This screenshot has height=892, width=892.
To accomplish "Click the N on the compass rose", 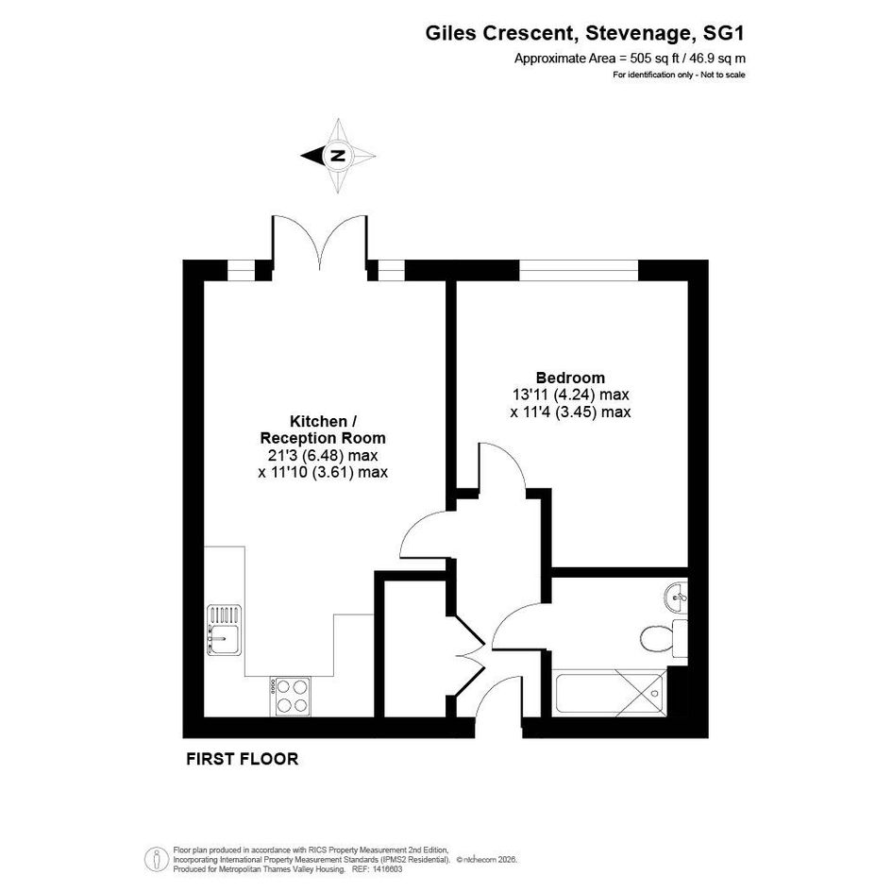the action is pyautogui.click(x=338, y=156).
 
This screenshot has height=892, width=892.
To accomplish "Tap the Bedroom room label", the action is pyautogui.click(x=570, y=378).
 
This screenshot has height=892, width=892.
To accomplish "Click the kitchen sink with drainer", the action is pyautogui.click(x=224, y=630).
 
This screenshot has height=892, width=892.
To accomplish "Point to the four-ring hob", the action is pyautogui.click(x=291, y=697).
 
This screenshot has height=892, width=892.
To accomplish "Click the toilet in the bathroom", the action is pyautogui.click(x=664, y=638).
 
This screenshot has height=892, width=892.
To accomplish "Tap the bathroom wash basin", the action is pyautogui.click(x=676, y=597).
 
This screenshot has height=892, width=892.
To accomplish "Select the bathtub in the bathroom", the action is pyautogui.click(x=609, y=692).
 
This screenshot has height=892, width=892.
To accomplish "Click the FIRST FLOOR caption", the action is pyautogui.click(x=243, y=759).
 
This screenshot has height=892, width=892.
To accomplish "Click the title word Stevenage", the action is pyautogui.click(x=639, y=34).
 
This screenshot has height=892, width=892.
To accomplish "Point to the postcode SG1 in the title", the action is pyautogui.click(x=724, y=33).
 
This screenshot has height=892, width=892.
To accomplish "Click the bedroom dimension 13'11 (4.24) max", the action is pyautogui.click(x=570, y=395).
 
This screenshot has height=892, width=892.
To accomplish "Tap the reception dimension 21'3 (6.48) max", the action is pyautogui.click(x=323, y=455).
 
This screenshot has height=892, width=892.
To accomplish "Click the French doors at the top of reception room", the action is pyautogui.click(x=320, y=242).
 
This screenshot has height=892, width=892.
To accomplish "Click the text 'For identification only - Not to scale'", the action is pyautogui.click(x=679, y=75).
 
